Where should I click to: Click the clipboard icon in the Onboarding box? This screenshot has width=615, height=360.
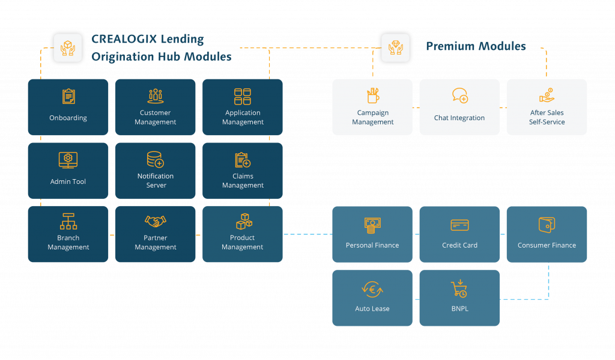(x=68, y=96)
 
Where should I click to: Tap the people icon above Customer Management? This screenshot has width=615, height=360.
(x=156, y=96)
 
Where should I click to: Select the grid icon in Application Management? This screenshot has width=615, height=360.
(x=243, y=96)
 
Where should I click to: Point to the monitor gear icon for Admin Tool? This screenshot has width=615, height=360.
(x=68, y=160)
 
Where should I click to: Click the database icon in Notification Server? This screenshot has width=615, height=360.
(x=155, y=159)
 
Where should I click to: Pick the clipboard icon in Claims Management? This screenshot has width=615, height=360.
(x=243, y=160)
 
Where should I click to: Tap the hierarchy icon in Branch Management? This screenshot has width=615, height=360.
(x=68, y=221)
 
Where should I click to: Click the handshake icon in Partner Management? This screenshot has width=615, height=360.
(x=156, y=221)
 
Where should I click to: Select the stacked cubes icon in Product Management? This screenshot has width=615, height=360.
(x=243, y=221)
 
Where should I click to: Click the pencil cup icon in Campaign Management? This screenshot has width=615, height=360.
(x=372, y=96)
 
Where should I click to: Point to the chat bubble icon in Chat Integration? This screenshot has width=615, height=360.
(x=460, y=96)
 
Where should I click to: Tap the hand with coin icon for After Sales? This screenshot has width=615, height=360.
(x=547, y=96)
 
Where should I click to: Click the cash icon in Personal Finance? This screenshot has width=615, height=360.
(x=372, y=225)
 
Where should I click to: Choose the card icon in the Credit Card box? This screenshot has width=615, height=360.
(x=460, y=225)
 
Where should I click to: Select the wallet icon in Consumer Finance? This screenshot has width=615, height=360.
(x=547, y=225)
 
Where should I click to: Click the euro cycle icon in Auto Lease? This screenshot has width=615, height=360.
(x=372, y=288)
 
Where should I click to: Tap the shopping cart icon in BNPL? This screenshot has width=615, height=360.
(x=459, y=288)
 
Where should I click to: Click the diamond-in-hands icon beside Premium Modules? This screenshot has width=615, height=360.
(x=395, y=47)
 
